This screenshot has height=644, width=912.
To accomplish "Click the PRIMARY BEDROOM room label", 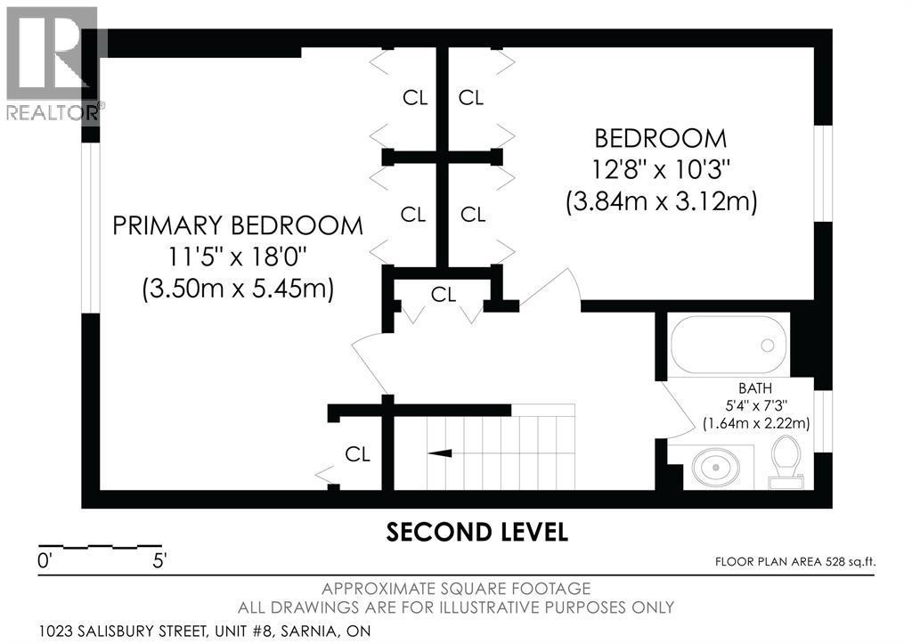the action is (x=237, y=225).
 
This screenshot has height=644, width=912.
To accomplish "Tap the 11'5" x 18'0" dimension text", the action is (x=237, y=256).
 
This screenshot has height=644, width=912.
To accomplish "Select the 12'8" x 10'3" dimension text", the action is (x=661, y=169).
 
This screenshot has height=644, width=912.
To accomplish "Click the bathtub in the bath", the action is (x=729, y=345).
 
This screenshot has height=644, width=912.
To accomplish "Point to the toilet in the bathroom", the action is (x=786, y=462).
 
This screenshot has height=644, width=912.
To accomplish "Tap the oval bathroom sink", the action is (x=715, y=467).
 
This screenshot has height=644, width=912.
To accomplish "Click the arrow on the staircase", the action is (x=440, y=452).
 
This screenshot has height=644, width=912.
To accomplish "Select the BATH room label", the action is (x=755, y=388).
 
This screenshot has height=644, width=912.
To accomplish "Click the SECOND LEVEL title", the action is (x=477, y=532).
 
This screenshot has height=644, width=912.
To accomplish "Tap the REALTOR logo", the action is (x=53, y=63).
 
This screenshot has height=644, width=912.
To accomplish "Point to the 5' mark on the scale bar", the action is (x=159, y=561).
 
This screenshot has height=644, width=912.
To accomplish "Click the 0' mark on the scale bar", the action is (x=45, y=561).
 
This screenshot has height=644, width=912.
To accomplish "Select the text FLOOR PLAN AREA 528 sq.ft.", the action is (x=795, y=562).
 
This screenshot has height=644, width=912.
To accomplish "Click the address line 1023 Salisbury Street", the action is (x=204, y=631).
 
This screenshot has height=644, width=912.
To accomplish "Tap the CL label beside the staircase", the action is (x=357, y=453).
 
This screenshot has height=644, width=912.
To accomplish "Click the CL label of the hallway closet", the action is (x=444, y=295).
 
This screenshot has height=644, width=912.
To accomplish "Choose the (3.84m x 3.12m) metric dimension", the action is (x=662, y=202).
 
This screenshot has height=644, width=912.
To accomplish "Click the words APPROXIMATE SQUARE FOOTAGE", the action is (x=456, y=589).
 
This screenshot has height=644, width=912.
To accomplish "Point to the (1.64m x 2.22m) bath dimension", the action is (x=756, y=423).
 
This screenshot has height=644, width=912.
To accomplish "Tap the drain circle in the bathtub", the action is (x=767, y=345).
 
